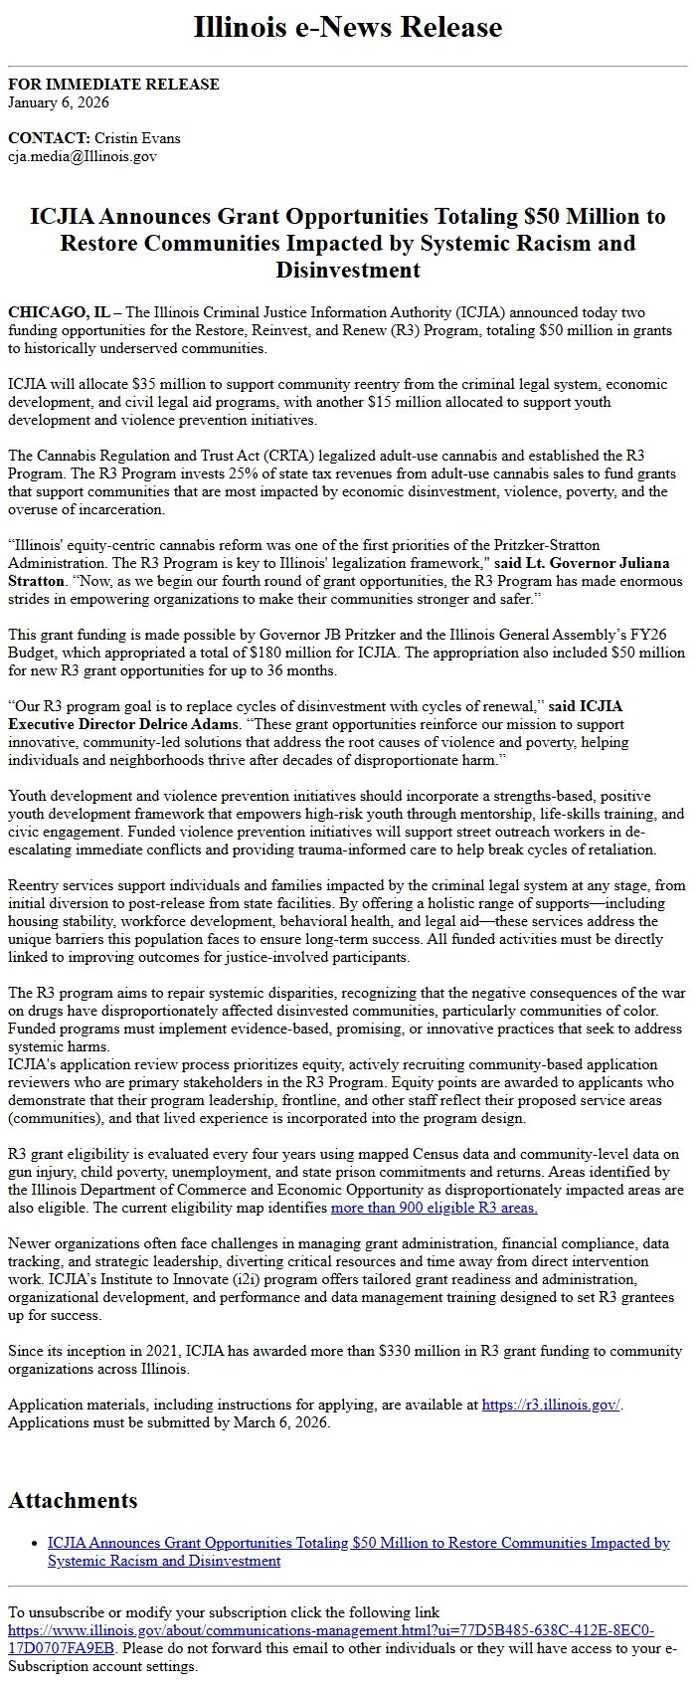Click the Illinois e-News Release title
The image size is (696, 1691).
click(348, 27)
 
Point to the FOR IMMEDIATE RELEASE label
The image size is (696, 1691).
click(113, 85)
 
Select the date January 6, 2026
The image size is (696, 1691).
click(59, 102)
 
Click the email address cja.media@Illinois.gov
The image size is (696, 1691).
click(83, 156)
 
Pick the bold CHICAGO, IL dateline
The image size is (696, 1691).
click(60, 313)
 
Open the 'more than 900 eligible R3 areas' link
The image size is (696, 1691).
click(434, 1209)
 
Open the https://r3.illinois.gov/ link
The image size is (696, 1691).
click(551, 1406)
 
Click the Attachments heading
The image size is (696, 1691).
click(73, 1501)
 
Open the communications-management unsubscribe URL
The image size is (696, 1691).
click(330, 1631)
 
